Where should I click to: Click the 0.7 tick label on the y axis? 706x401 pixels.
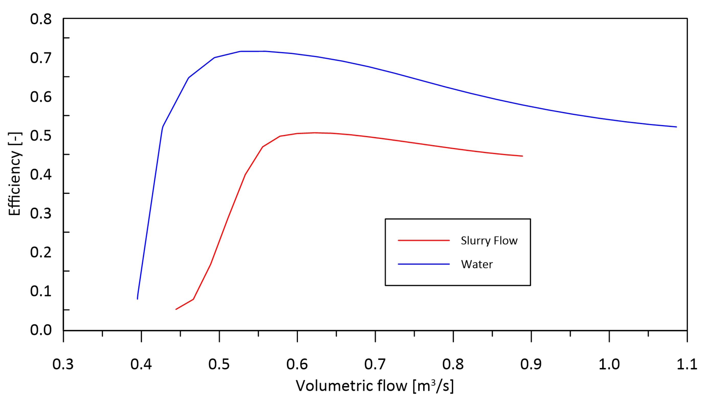[x=41, y=58]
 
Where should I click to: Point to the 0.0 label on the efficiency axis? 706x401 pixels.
[x=41, y=330]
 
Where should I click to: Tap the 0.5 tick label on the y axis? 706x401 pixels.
[x=41, y=136]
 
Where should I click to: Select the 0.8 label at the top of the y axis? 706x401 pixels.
[x=41, y=19]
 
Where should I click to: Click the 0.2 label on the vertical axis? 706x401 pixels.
[x=41, y=252]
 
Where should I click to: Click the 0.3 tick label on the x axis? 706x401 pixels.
[x=63, y=364]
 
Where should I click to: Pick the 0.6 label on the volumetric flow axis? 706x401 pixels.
[x=297, y=364]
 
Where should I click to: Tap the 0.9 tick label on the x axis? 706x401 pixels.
[x=531, y=364]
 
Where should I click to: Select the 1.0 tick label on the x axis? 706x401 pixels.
[x=609, y=364]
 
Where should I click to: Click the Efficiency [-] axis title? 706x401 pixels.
[x=14, y=174]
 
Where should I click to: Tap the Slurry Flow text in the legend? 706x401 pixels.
[x=489, y=241]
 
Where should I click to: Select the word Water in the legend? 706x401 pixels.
[x=477, y=264]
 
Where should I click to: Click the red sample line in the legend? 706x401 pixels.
[x=423, y=240]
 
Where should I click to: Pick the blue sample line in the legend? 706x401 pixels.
[x=423, y=264]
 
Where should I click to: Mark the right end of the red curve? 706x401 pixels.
[x=522, y=156]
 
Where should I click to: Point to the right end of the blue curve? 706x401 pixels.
[x=676, y=127]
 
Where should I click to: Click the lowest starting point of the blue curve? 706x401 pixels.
[x=137, y=299]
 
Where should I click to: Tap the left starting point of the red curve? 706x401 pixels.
[x=176, y=309]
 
